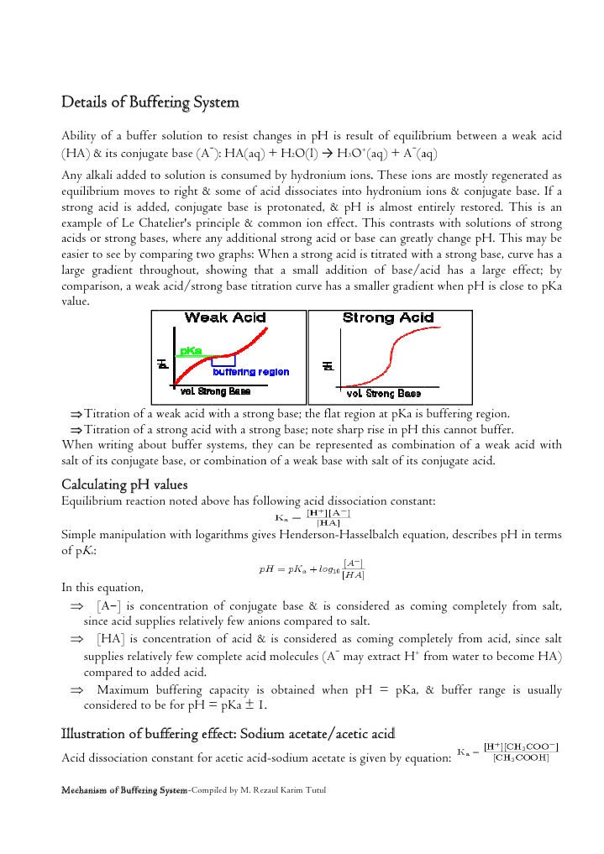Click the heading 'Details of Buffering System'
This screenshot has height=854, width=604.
click(x=150, y=102)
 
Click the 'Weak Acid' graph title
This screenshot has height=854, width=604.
click(x=224, y=317)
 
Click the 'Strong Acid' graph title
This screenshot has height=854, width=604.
click(x=388, y=317)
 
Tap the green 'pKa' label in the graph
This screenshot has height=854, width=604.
click(x=191, y=350)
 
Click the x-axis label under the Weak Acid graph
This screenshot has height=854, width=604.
click(x=215, y=391)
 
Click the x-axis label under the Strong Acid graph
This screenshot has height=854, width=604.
click(x=384, y=393)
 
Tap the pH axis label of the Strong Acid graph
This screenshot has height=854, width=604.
click(x=328, y=365)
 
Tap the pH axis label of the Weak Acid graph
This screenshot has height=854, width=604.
click(x=161, y=363)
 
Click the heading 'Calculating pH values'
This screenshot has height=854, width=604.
click(x=125, y=485)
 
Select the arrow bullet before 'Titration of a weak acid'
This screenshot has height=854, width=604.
click(x=76, y=414)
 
